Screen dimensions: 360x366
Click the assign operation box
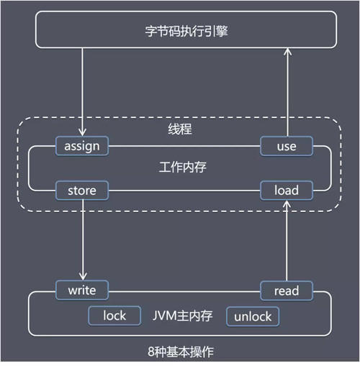click(82, 146)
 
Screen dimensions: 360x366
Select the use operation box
click(287, 146)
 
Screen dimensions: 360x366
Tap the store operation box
click(82, 191)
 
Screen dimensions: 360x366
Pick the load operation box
click(287, 191)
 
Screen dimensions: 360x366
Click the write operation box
click(82, 290)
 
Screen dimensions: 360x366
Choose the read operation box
click(287, 290)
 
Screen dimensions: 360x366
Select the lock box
click(114, 316)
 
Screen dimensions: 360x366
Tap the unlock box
click(253, 316)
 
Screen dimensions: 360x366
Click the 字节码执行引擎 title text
click(186, 31)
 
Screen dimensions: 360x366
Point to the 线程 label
click(180, 129)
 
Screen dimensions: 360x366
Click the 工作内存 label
click(182, 167)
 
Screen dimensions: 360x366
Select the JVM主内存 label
click(182, 316)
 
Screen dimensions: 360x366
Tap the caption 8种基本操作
click(181, 352)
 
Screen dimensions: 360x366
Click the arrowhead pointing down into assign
click(82, 133)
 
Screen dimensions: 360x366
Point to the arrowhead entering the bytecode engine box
click(287, 52)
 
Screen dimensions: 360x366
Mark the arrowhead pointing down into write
click(83, 277)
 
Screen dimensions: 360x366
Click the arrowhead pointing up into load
click(287, 204)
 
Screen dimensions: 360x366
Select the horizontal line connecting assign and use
click(184, 146)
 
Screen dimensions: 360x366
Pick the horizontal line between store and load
click(184, 191)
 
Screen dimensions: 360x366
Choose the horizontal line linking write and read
click(184, 292)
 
